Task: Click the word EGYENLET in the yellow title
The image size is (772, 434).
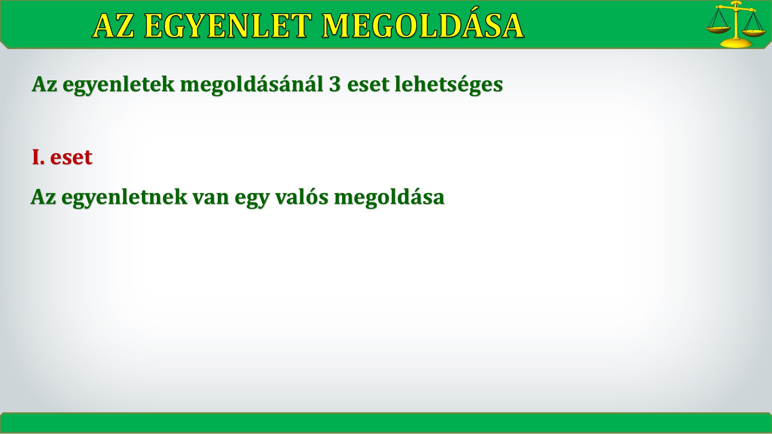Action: [228, 27]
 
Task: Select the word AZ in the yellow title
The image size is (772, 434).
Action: [114, 27]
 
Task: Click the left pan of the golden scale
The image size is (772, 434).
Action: [719, 30]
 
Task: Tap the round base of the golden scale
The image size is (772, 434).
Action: [736, 43]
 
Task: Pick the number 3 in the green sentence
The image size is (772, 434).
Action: [335, 84]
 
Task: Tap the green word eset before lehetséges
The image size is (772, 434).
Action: [368, 85]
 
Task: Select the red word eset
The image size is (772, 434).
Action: [71, 158]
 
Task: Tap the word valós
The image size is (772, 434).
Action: [302, 197]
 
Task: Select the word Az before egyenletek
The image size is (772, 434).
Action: [45, 84]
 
